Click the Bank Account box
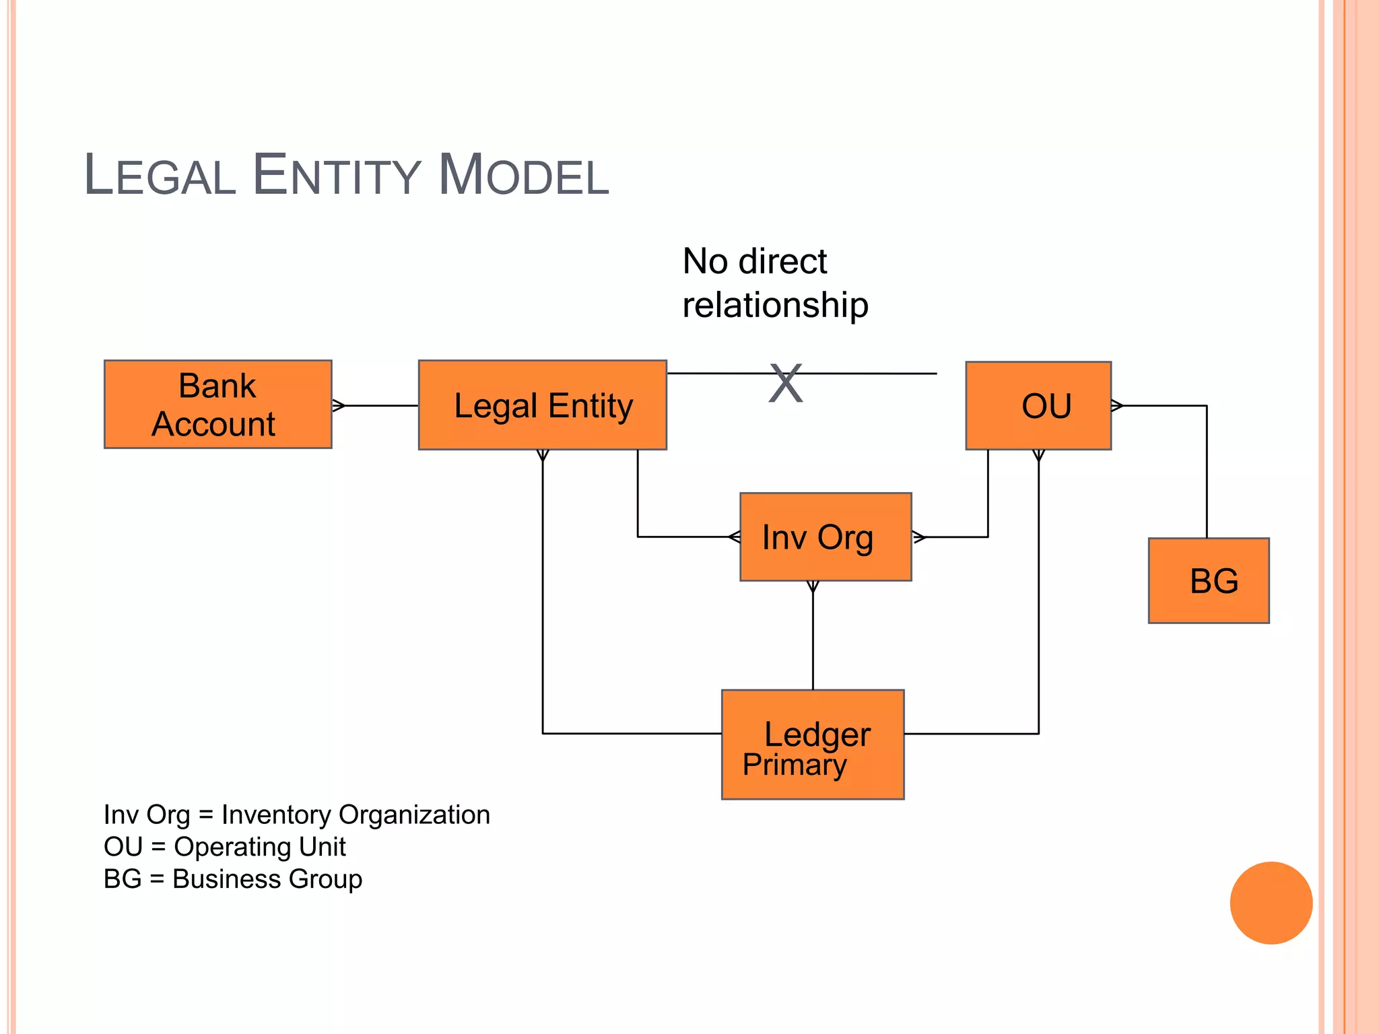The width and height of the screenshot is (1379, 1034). coord(217,405)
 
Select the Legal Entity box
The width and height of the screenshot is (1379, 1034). coord(542,405)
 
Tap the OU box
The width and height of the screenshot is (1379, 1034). coord(1038,405)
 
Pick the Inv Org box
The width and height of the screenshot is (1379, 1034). coord(826,537)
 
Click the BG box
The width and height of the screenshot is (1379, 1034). coord(1209,580)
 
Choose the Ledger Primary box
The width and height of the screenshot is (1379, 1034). coord(813,744)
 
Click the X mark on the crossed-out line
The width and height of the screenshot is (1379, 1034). coord(786,383)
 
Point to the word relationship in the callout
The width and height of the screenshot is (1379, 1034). coord(775,305)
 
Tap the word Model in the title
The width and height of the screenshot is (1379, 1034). coord(523,176)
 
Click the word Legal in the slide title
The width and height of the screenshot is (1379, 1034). coord(160,176)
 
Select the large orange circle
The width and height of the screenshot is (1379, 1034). coord(1271,903)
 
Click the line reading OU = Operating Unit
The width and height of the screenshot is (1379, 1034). coord(224,847)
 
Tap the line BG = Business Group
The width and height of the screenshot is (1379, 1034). coord(232,879)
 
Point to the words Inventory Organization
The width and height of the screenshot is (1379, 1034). coord(356,815)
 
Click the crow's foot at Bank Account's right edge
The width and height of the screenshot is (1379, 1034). coord(339,405)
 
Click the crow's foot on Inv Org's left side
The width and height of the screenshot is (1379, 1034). coord(735,537)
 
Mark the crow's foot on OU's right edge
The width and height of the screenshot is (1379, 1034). coord(1117,405)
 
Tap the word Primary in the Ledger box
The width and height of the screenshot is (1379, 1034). coord(795,765)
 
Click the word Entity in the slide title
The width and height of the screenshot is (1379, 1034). coord(337,176)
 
